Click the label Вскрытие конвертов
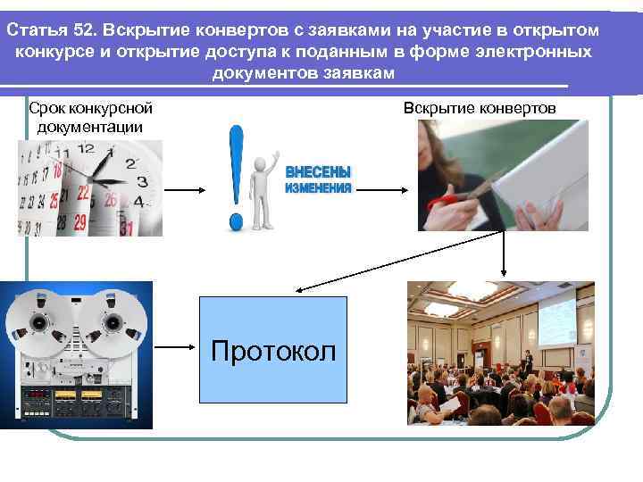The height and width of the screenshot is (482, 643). click(480, 108)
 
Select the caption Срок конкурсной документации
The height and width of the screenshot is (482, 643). click(90, 117)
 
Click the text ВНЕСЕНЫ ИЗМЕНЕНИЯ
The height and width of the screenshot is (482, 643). click(318, 180)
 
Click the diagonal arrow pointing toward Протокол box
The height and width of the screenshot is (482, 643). click(353, 278)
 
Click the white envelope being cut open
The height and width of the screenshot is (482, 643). click(536, 174)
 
